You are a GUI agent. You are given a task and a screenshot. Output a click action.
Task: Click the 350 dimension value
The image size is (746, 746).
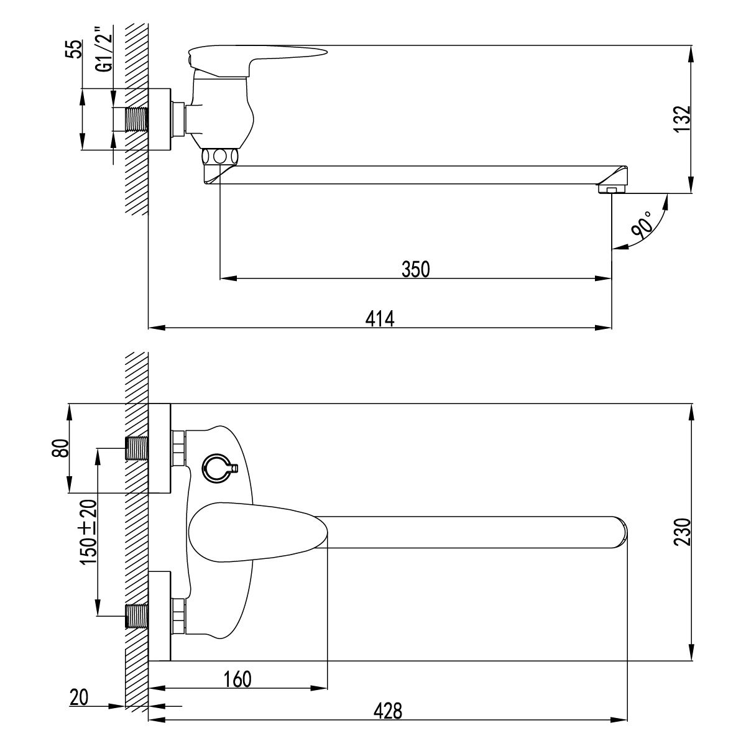pyautogui.click(x=416, y=269)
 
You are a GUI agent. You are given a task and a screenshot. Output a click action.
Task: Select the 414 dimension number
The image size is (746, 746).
pyautogui.click(x=380, y=318)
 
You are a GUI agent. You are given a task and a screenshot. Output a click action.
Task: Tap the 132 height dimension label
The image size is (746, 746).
pyautogui.click(x=682, y=117)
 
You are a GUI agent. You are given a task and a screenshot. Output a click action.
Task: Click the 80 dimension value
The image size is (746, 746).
pyautogui.click(x=58, y=448)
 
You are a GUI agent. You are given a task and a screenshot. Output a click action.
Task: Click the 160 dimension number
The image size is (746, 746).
pyautogui.click(x=237, y=679)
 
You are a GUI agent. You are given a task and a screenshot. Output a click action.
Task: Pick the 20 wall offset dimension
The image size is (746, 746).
pyautogui.click(x=79, y=698)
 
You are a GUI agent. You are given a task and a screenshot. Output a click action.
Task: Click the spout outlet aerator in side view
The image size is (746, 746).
pyautogui.click(x=612, y=188)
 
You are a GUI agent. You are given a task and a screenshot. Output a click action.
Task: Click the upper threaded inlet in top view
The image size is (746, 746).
pyautogui.click(x=137, y=448)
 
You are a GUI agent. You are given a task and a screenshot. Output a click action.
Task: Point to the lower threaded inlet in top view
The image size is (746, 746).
pyautogui.click(x=137, y=616)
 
